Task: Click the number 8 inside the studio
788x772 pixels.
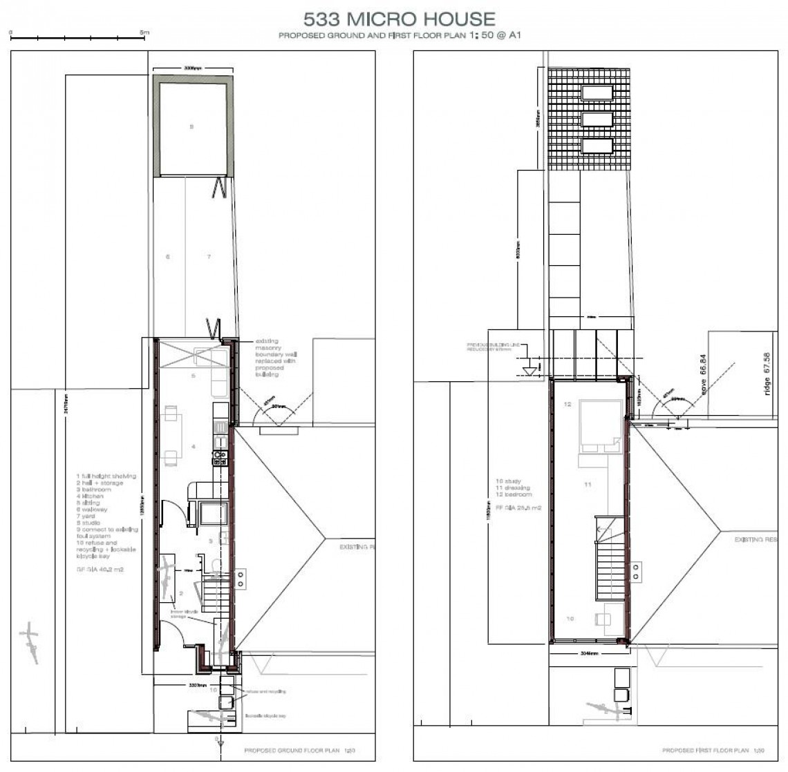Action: [x=192, y=126]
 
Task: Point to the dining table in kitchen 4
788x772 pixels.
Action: [x=171, y=435]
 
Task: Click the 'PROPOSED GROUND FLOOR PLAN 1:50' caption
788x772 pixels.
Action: [x=299, y=750]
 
